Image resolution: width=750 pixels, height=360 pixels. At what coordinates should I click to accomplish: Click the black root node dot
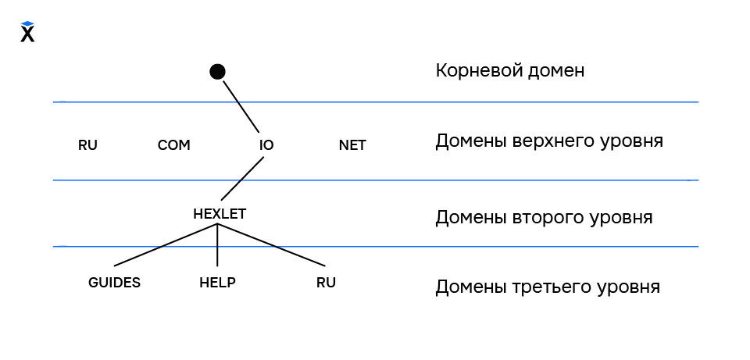pyautogui.click(x=218, y=72)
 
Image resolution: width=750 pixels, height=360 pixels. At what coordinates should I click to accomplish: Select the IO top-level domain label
pyautogui.click(x=266, y=145)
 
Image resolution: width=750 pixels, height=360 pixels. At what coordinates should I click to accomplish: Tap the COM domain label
pyautogui.click(x=174, y=145)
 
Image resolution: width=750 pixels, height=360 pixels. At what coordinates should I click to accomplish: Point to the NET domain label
pyautogui.click(x=352, y=145)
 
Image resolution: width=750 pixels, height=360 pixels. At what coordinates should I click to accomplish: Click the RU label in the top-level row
pyautogui.click(x=88, y=145)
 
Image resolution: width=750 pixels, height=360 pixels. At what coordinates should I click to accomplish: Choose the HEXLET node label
pyautogui.click(x=220, y=212)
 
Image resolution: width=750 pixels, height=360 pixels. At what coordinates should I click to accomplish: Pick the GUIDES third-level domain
pyautogui.click(x=115, y=283)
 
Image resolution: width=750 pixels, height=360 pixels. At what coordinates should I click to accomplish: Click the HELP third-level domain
pyautogui.click(x=217, y=283)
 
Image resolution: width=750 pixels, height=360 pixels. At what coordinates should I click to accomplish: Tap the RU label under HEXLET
pyautogui.click(x=326, y=283)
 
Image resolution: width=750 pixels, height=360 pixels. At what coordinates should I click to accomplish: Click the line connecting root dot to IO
pyautogui.click(x=240, y=105)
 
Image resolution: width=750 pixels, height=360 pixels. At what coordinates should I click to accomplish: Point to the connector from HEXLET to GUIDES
pyautogui.click(x=166, y=245)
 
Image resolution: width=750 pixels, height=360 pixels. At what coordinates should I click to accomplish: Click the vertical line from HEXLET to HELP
pyautogui.click(x=217, y=246)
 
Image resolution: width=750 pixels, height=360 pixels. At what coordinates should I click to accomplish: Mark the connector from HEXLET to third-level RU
pyautogui.click(x=270, y=245)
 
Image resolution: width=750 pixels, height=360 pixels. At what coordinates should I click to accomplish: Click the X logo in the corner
pyautogui.click(x=27, y=32)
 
